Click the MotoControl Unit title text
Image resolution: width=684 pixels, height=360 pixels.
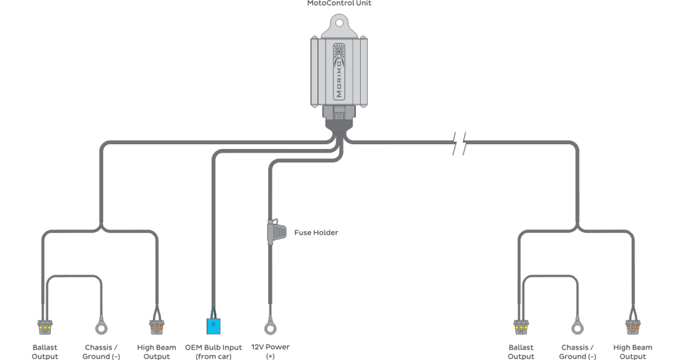click(x=339, y=3)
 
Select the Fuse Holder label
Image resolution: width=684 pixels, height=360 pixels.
click(x=316, y=232)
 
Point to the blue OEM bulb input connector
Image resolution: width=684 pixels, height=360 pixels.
click(x=213, y=325)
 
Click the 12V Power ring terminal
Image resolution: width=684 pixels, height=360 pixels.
click(x=270, y=324)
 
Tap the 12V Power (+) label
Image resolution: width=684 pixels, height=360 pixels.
click(x=270, y=351)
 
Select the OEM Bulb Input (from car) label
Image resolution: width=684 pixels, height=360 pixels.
click(x=213, y=351)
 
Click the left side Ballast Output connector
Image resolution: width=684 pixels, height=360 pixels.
click(x=44, y=326)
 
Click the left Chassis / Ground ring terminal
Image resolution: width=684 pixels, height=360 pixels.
click(x=101, y=324)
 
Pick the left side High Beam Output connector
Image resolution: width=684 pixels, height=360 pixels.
click(x=157, y=326)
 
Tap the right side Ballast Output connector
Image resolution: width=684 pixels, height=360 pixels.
click(x=521, y=326)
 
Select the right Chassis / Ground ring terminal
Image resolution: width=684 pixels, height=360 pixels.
click(x=577, y=324)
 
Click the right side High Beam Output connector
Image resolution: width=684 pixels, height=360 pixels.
click(x=633, y=326)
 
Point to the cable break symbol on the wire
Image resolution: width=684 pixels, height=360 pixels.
click(x=459, y=142)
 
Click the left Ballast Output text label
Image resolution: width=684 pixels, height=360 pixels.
click(x=44, y=351)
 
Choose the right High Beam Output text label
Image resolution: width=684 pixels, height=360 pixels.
click(x=633, y=351)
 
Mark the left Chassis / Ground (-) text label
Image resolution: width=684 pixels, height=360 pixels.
click(x=101, y=351)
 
